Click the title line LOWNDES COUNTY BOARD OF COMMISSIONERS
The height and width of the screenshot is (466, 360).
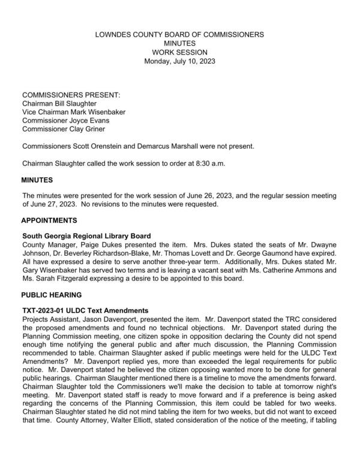click(x=180, y=35)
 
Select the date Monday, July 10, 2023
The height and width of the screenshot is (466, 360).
click(x=180, y=61)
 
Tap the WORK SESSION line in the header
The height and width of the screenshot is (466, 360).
click(x=180, y=52)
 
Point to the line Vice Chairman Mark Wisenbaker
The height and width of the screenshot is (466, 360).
click(x=74, y=112)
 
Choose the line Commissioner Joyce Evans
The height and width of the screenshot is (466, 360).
click(x=65, y=120)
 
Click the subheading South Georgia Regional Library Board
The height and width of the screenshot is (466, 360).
click(x=86, y=236)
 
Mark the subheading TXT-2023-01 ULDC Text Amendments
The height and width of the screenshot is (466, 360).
click(x=85, y=309)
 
